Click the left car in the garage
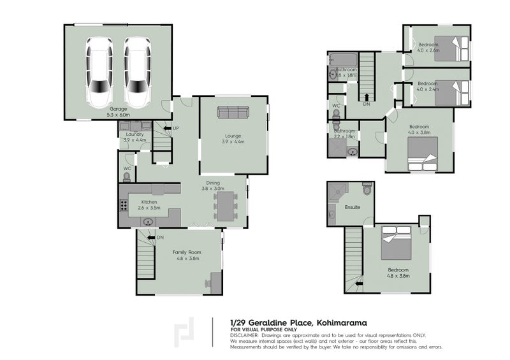(x=99, y=71)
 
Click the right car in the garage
(x=136, y=71)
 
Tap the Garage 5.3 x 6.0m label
(x=118, y=112)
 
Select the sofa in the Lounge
(x=233, y=112)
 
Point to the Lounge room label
(x=233, y=135)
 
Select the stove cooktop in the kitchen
(x=122, y=206)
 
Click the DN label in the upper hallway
(x=366, y=104)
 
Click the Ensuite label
(x=353, y=207)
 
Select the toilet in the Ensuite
(x=367, y=189)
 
